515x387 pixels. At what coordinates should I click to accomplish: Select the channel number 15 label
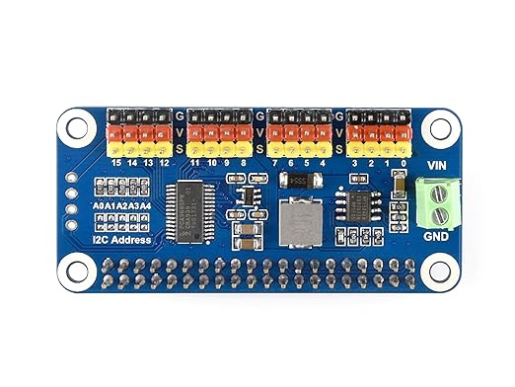[116, 162]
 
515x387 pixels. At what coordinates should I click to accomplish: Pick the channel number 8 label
[243, 162]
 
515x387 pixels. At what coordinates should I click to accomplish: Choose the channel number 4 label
[324, 162]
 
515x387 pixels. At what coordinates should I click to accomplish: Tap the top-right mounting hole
[437, 125]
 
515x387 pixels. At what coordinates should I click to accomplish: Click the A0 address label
[99, 205]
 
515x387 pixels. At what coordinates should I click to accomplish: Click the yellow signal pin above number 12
[164, 147]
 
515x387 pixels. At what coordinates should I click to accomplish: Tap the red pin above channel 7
[275, 132]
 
